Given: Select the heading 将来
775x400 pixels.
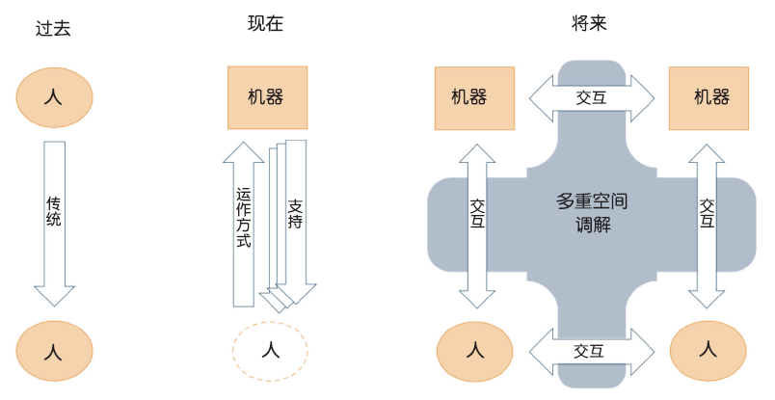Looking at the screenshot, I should coord(589,25).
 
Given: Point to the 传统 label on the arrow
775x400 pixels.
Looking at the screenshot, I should coord(54,212).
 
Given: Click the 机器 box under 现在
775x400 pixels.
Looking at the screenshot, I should coord(267,97).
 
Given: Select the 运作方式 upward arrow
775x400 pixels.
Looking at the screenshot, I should coord(243,222).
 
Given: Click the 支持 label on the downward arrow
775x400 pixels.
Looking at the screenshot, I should coord(296,214).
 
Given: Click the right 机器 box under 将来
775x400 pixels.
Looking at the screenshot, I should coord(711,98).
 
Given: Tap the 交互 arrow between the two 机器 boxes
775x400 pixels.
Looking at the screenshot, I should coord(591,96).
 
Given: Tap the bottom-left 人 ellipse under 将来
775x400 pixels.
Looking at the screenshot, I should coord(475,349).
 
